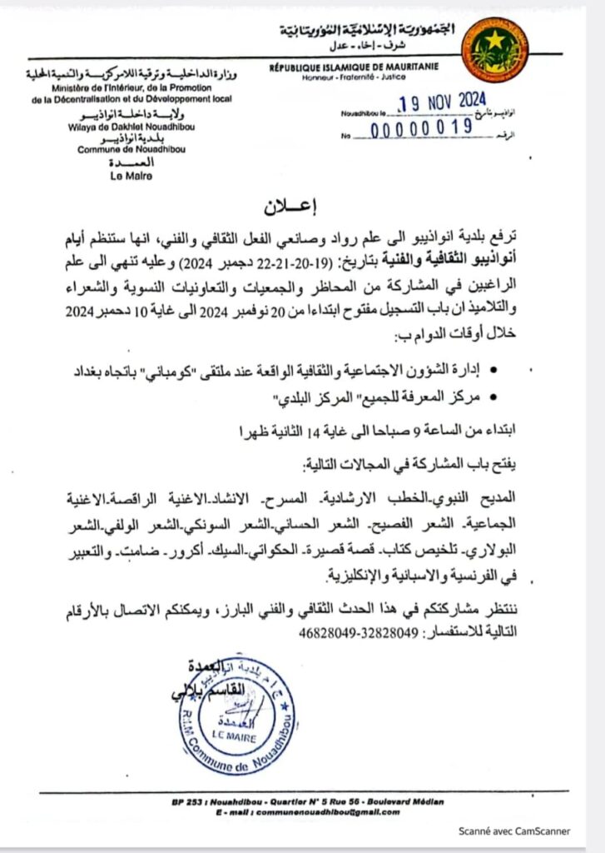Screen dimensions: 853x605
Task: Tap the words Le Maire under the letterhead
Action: point(121,176)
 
